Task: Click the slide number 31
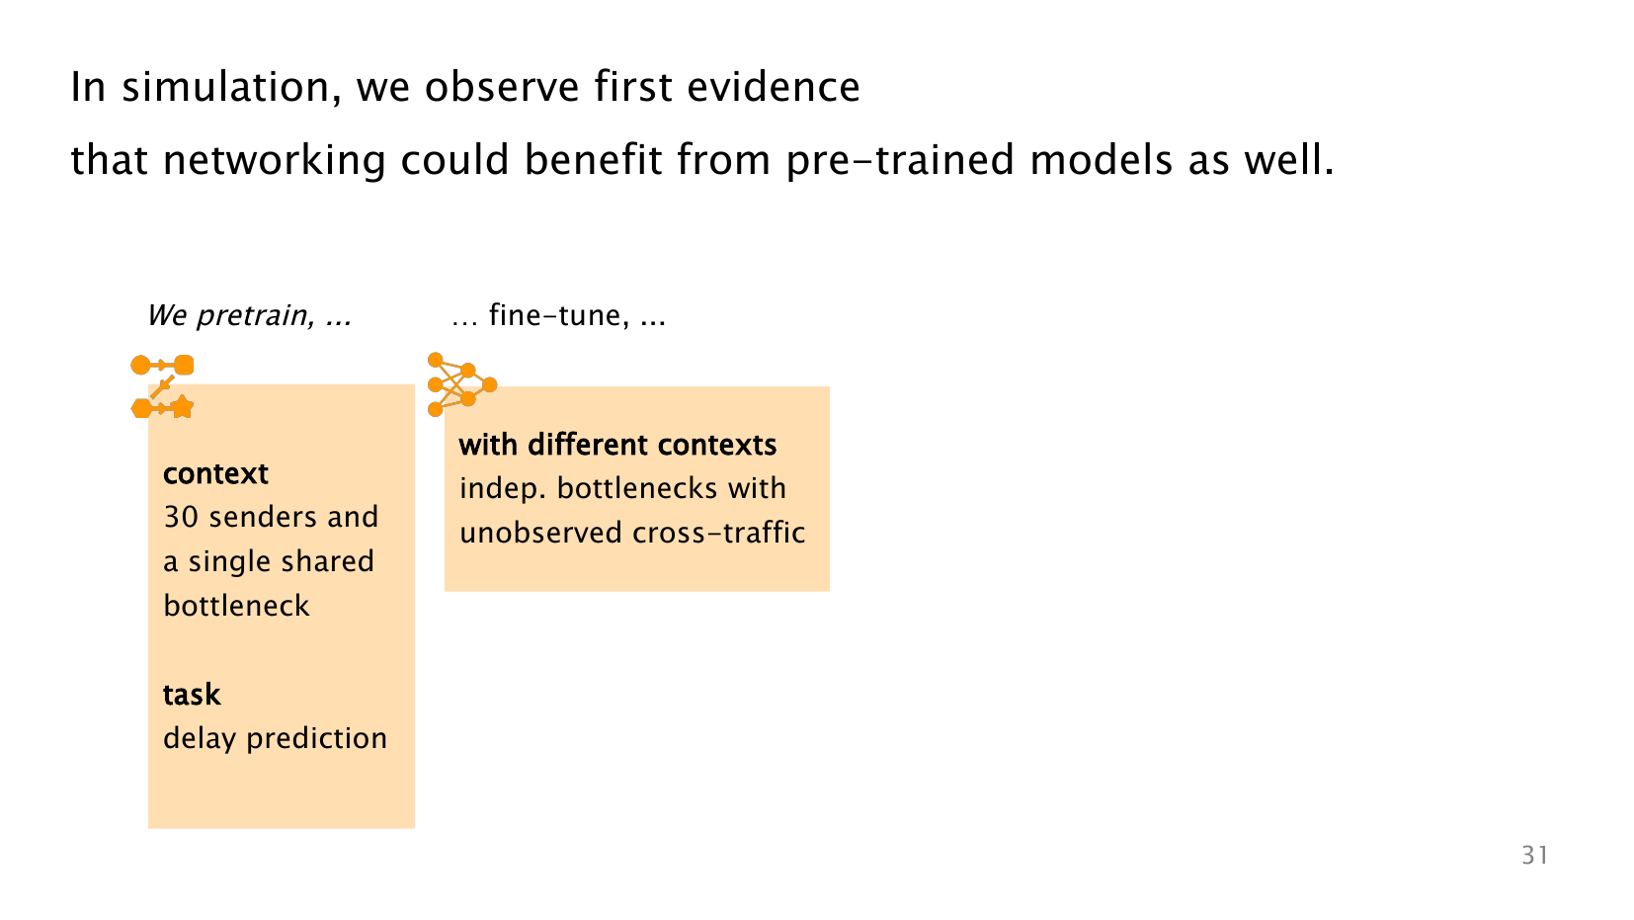pos(1535,855)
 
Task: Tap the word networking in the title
pos(275,160)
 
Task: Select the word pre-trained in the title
pos(899,161)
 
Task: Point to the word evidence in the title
pos(774,87)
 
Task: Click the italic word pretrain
pos(256,315)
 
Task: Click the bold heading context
pos(215,473)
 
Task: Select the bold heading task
pos(191,694)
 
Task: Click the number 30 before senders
pos(181,517)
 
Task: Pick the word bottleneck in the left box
pos(236,606)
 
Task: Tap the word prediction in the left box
pos(316,738)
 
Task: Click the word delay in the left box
pos(200,738)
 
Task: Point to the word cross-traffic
pos(718,533)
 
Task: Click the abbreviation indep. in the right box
pos(503,489)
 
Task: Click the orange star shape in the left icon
pos(183,407)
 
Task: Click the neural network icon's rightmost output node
pos(489,384)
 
